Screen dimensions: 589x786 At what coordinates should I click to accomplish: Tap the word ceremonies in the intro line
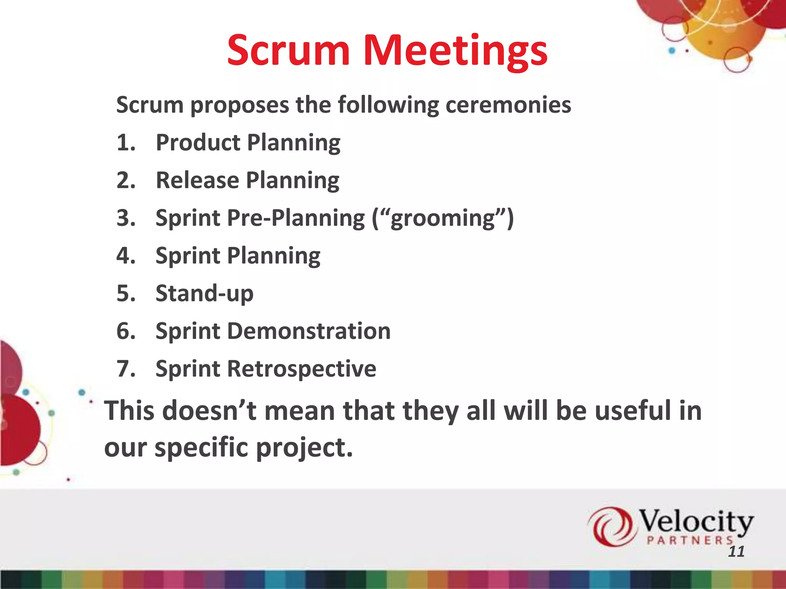(x=508, y=105)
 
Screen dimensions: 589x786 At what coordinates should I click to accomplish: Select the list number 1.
(x=126, y=143)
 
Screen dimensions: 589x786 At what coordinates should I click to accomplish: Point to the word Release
(x=197, y=180)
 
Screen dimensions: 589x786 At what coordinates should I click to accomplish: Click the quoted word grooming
(x=443, y=219)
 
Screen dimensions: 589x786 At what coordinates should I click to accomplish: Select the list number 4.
(x=126, y=256)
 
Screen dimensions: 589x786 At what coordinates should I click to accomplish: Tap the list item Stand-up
(x=204, y=293)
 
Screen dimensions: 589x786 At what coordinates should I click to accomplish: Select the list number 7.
(x=126, y=369)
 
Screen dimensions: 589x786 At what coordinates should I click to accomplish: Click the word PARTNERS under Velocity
(x=690, y=540)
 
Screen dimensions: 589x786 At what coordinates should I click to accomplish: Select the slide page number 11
(x=736, y=552)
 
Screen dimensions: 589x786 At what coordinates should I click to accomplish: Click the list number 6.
(x=126, y=331)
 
